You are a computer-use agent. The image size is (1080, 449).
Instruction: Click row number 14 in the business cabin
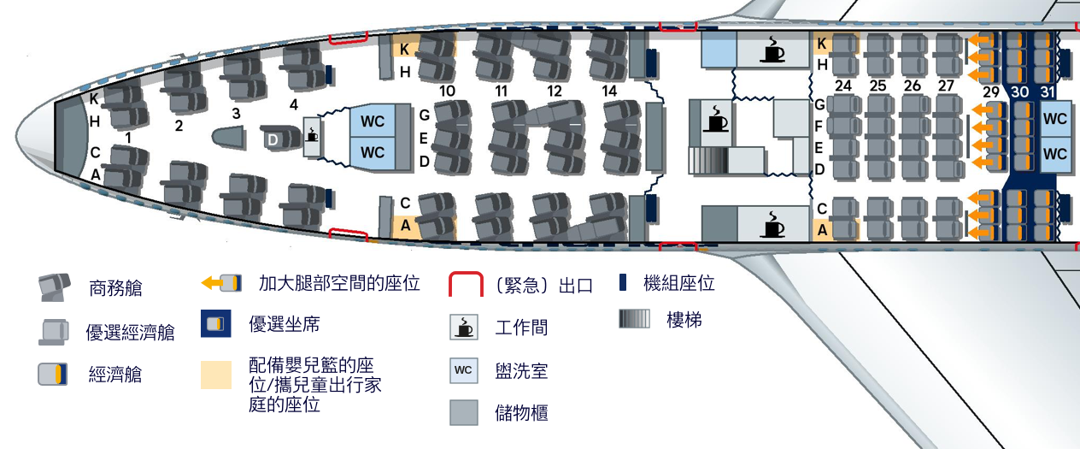[609, 91]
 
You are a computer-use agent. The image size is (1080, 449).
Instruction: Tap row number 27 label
[946, 86]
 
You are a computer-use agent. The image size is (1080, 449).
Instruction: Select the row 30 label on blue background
[1019, 92]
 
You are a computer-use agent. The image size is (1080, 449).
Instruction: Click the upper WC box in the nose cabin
[373, 121]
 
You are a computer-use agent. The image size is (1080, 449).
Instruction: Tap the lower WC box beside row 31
[1055, 154]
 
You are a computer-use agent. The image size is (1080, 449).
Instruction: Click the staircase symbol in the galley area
[708, 160]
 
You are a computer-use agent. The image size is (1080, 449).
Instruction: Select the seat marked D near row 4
[273, 139]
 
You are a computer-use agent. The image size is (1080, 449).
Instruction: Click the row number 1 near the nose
[128, 137]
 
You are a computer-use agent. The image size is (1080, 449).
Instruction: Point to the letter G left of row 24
[819, 105]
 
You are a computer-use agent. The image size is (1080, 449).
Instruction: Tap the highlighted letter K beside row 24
[821, 44]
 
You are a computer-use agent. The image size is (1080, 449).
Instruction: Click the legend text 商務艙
[115, 289]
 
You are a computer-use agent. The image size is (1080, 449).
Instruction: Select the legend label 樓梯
[684, 321]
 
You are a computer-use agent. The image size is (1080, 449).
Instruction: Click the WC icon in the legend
[463, 370]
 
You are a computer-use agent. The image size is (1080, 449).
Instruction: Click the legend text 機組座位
[678, 284]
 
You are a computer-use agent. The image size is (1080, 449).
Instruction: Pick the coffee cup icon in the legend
[463, 327]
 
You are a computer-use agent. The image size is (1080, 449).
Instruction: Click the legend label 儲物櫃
[521, 413]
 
